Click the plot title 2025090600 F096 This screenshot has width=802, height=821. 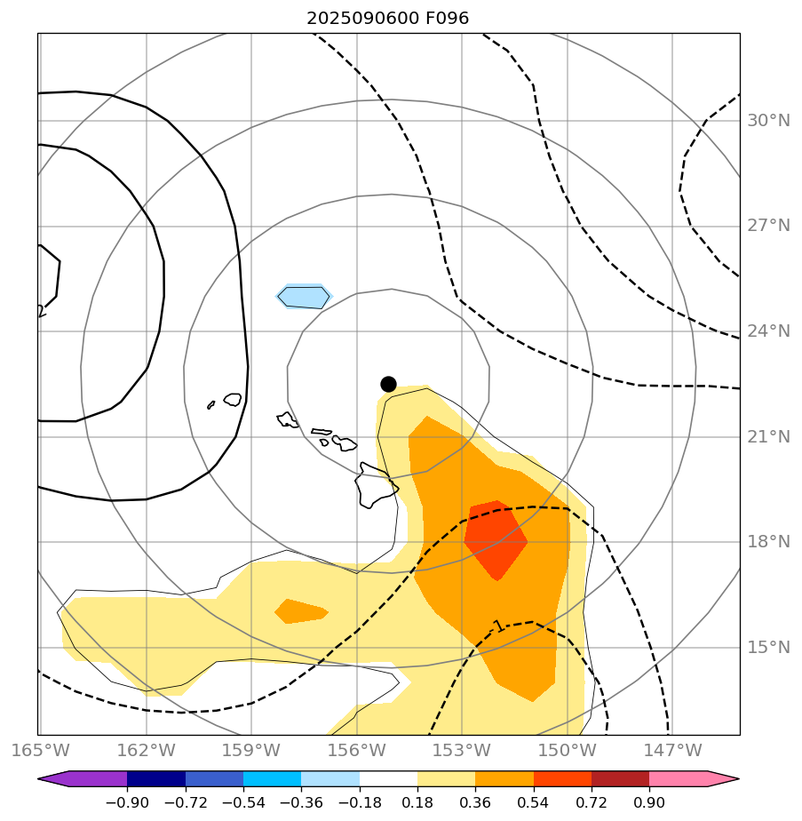point(388,18)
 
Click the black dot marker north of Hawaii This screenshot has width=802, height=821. point(388,384)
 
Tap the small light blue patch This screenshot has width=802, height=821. point(304,297)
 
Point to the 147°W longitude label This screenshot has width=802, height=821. point(672,751)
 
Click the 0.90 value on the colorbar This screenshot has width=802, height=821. point(649,802)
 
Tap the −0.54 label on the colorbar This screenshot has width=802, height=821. point(242,802)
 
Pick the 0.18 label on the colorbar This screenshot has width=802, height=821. point(417,802)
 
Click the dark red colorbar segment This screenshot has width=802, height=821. point(620,779)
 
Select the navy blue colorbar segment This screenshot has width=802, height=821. point(156,779)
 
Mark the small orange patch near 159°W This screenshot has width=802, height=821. point(300,611)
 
